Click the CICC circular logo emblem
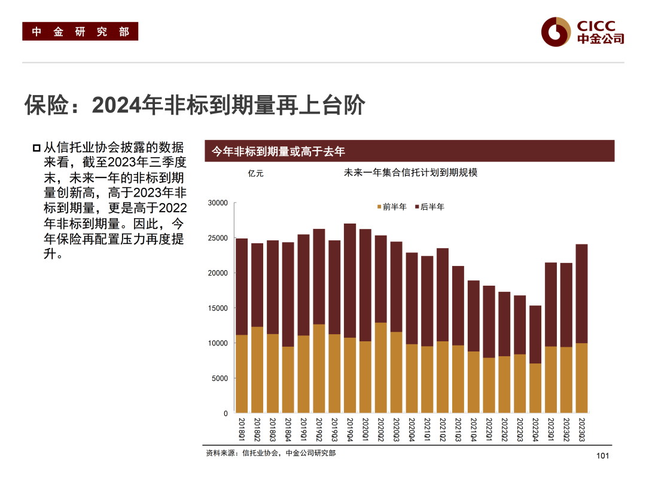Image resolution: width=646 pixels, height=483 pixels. pyautogui.click(x=556, y=31)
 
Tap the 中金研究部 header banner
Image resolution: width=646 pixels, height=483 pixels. pyautogui.click(x=80, y=32)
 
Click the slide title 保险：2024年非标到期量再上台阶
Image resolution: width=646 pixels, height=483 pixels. pyautogui.click(x=194, y=105)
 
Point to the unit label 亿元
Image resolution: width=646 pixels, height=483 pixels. pyautogui.click(x=255, y=173)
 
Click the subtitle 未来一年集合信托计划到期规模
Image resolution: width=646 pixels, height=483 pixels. pyautogui.click(x=410, y=173)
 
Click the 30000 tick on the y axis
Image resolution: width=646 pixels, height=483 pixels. pyautogui.click(x=218, y=203)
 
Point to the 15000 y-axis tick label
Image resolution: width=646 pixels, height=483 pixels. pyautogui.click(x=218, y=308)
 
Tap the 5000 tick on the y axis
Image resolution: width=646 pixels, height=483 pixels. pyautogui.click(x=220, y=378)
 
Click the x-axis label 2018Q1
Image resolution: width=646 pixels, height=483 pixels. pyautogui.click(x=242, y=430)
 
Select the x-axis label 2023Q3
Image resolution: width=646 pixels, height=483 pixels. pyautogui.click(x=581, y=430)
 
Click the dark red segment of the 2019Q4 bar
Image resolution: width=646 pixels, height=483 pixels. pyautogui.click(x=350, y=280)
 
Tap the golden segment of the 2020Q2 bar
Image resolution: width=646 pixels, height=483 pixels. pyautogui.click(x=381, y=368)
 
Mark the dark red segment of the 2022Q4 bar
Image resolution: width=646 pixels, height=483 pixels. pyautogui.click(x=535, y=334)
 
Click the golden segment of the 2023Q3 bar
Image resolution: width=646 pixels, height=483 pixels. pyautogui.click(x=581, y=378)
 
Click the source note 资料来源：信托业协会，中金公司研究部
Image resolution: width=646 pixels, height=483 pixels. pyautogui.click(x=271, y=454)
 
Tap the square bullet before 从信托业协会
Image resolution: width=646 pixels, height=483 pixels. pyautogui.click(x=37, y=148)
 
